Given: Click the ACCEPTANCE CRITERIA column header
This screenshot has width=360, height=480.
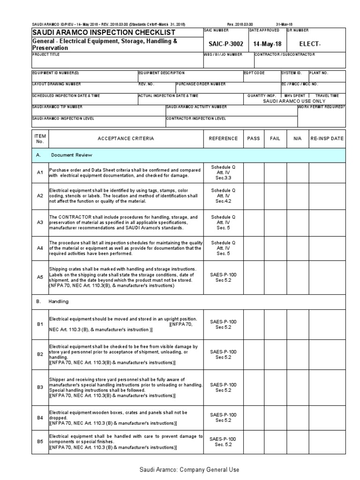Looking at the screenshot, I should [126, 139].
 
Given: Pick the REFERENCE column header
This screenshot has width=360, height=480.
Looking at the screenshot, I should [223, 139].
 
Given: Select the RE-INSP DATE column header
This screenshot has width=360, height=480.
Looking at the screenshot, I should [327, 139].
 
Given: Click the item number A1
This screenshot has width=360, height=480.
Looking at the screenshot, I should [40, 173].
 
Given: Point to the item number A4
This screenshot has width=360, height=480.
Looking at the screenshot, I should [40, 248].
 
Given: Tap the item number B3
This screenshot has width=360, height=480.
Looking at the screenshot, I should [40, 388].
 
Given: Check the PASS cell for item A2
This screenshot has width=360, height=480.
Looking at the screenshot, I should [253, 196].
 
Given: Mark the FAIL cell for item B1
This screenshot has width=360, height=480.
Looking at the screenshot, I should [275, 324].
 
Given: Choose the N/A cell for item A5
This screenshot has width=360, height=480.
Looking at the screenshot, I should [297, 277].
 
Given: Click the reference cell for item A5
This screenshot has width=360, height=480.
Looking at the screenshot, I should [223, 277].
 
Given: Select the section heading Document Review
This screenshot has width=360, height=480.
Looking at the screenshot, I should [72, 155].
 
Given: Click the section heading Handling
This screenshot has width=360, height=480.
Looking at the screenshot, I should [58, 301].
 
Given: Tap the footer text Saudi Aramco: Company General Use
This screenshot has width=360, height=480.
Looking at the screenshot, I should [180, 469].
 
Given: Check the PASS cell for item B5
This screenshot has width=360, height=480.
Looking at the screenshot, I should [253, 442].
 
